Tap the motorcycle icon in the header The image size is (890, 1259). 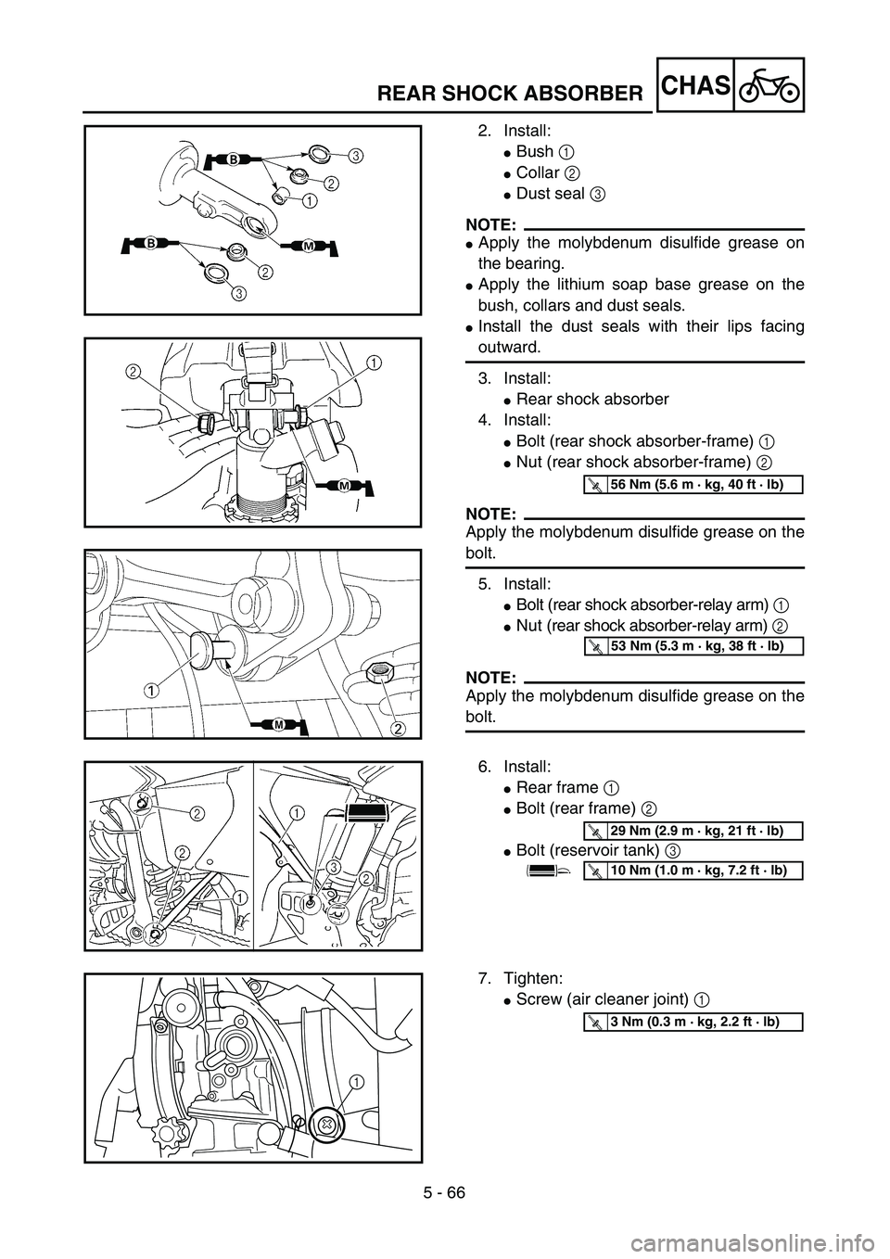tap(769, 85)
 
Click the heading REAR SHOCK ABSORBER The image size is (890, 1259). tap(510, 94)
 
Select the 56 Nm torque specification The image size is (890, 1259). tap(697, 484)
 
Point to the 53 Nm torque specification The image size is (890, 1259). tap(697, 646)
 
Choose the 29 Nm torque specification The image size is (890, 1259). tap(697, 830)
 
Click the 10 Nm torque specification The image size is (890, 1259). tap(698, 870)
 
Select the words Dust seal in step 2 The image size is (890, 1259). tap(550, 194)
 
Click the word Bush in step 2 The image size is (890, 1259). tap(534, 152)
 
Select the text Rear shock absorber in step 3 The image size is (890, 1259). tap(592, 399)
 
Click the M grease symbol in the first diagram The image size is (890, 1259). tap(309, 247)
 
